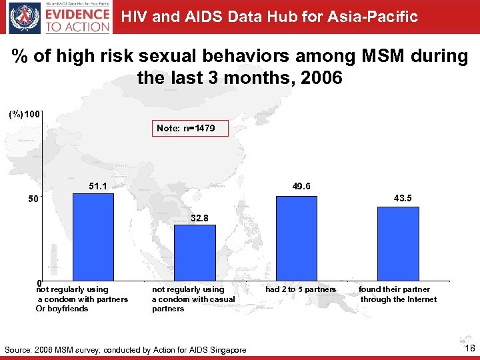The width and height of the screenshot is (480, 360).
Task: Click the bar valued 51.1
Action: (x=93, y=237)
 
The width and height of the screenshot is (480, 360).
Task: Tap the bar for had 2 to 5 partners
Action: (x=297, y=238)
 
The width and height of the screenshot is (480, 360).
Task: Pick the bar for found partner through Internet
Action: (x=398, y=243)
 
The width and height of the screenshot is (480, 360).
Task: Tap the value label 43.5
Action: (x=403, y=198)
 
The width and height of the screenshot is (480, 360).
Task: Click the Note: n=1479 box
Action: (x=185, y=127)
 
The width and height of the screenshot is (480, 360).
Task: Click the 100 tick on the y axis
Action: (x=33, y=114)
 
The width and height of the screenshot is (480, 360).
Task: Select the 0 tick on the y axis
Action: (x=39, y=283)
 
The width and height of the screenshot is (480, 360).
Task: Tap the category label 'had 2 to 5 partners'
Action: (x=301, y=289)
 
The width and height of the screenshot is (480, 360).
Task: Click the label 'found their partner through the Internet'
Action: (x=398, y=294)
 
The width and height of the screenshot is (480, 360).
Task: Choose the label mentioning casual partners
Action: (x=193, y=299)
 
